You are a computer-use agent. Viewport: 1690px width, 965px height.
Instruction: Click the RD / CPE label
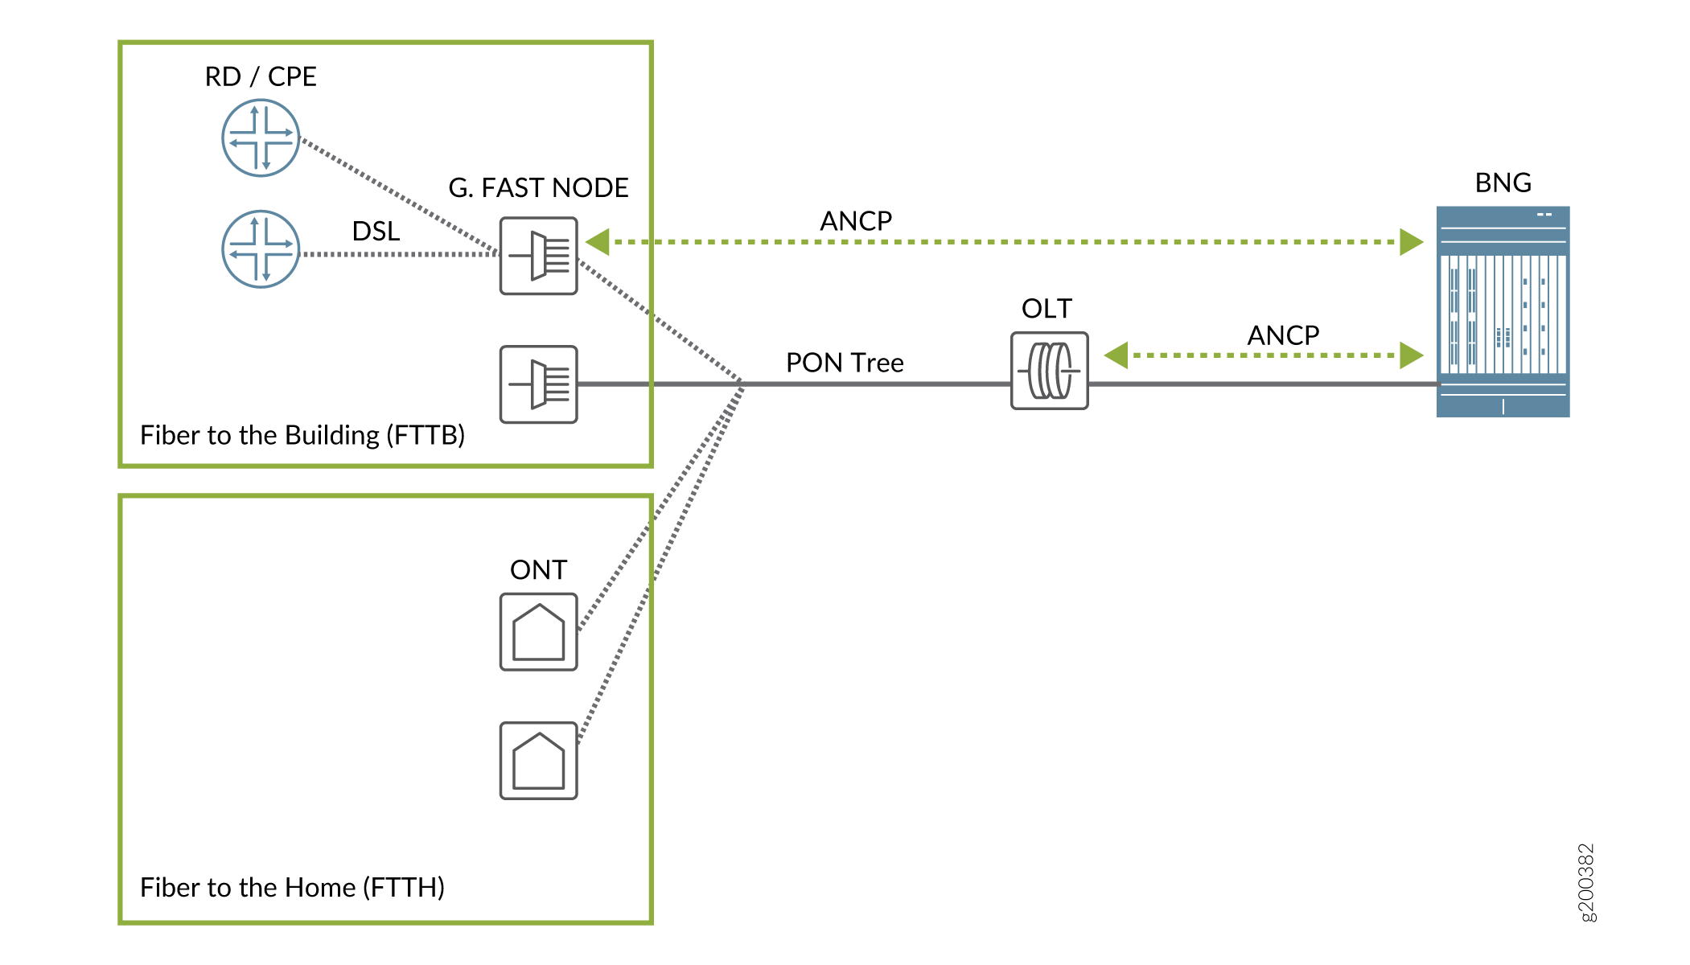coord(261,76)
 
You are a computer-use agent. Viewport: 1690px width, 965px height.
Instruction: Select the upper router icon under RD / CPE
coord(261,138)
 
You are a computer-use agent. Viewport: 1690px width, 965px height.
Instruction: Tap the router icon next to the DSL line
coord(261,249)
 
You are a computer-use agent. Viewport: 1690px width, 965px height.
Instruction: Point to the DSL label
coord(376,232)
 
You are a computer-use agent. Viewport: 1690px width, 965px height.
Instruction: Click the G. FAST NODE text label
coord(538,187)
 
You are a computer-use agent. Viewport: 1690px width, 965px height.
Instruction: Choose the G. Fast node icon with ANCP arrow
coord(538,256)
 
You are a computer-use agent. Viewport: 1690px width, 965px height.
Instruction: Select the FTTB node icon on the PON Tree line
coord(538,384)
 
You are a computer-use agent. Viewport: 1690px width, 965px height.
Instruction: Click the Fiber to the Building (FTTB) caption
coord(302,435)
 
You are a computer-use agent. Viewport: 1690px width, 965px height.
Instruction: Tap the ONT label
coord(538,570)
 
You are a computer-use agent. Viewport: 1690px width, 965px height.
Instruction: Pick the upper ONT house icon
coord(538,632)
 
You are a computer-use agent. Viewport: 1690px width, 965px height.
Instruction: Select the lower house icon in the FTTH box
coord(538,761)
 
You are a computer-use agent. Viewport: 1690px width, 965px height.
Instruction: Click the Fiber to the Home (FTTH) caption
coord(292,887)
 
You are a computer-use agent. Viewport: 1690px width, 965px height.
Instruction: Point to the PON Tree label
coord(845,363)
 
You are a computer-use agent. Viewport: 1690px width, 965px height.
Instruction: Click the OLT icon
coord(1049,371)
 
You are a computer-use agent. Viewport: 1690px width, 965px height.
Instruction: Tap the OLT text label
coord(1046,309)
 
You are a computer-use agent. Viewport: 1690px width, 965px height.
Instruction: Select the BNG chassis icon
coord(1503,312)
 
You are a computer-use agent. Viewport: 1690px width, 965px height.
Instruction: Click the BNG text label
coord(1503,183)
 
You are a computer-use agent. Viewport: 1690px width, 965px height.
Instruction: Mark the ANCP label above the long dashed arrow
coord(856,221)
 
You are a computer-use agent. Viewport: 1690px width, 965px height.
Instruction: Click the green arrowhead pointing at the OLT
coord(1116,355)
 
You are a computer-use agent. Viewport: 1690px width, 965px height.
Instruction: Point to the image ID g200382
coord(1586,882)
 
